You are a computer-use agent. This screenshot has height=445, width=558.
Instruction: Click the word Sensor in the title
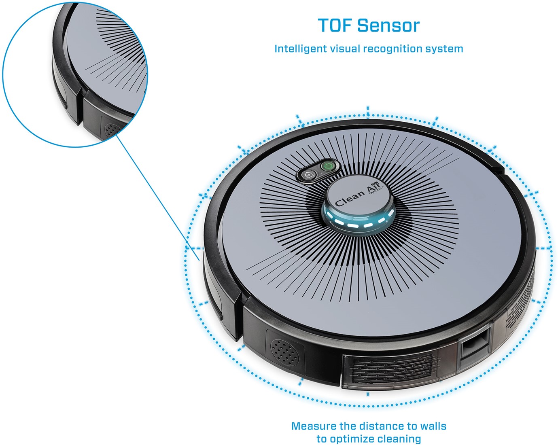388,25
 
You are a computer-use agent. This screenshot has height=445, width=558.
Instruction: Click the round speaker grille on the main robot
284,352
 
